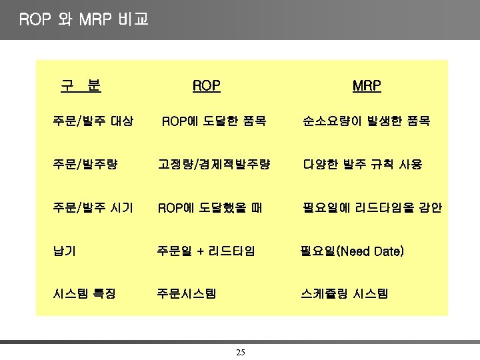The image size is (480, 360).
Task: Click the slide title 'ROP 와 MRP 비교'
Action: pyautogui.click(x=84, y=19)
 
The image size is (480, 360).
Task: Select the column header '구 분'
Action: pyautogui.click(x=81, y=85)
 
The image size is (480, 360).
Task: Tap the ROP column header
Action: pyautogui.click(x=206, y=86)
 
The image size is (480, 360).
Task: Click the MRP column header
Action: pyautogui.click(x=367, y=86)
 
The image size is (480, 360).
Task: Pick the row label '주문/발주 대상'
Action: pyautogui.click(x=93, y=121)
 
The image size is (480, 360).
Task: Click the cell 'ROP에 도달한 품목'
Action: pyautogui.click(x=215, y=121)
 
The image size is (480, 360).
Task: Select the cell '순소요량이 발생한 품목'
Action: pyautogui.click(x=365, y=121)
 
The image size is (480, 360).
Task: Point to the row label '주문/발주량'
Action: pyautogui.click(x=85, y=164)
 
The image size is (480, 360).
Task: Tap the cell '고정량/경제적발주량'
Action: pyautogui.click(x=214, y=164)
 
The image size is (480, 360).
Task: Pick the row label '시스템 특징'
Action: pyautogui.click(x=85, y=293)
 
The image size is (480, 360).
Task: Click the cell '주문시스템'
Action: pyautogui.click(x=186, y=293)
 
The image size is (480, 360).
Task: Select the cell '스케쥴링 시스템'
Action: pyautogui.click(x=345, y=293)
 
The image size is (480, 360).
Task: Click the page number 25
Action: pyautogui.click(x=241, y=351)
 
